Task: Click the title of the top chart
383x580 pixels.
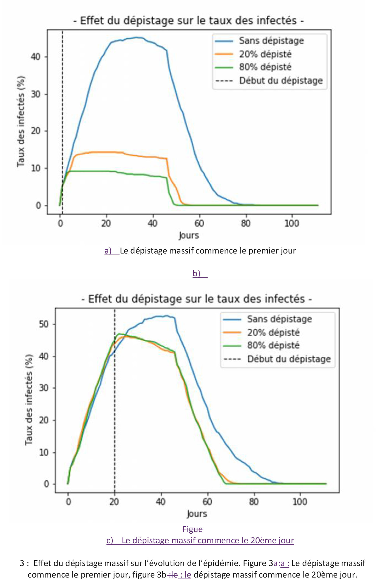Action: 189,21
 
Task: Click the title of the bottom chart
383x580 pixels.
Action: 197,299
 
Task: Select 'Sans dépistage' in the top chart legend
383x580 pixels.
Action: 271,41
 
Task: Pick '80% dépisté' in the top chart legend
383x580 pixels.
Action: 265,67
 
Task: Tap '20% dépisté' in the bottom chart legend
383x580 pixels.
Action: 273,333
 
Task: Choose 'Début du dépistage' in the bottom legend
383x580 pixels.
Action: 289,359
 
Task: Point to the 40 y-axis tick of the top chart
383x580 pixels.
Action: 36,57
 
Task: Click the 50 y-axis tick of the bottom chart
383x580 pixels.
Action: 44,324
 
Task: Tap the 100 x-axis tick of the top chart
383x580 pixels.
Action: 291,223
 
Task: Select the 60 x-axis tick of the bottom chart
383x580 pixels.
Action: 207,502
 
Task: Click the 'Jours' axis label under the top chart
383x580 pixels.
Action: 189,235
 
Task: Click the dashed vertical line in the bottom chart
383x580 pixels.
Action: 115,412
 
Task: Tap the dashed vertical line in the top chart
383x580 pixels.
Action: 63,110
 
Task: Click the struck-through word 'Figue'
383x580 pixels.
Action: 192,529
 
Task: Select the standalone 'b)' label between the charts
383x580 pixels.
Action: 197,274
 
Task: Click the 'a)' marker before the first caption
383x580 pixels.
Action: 108,251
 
